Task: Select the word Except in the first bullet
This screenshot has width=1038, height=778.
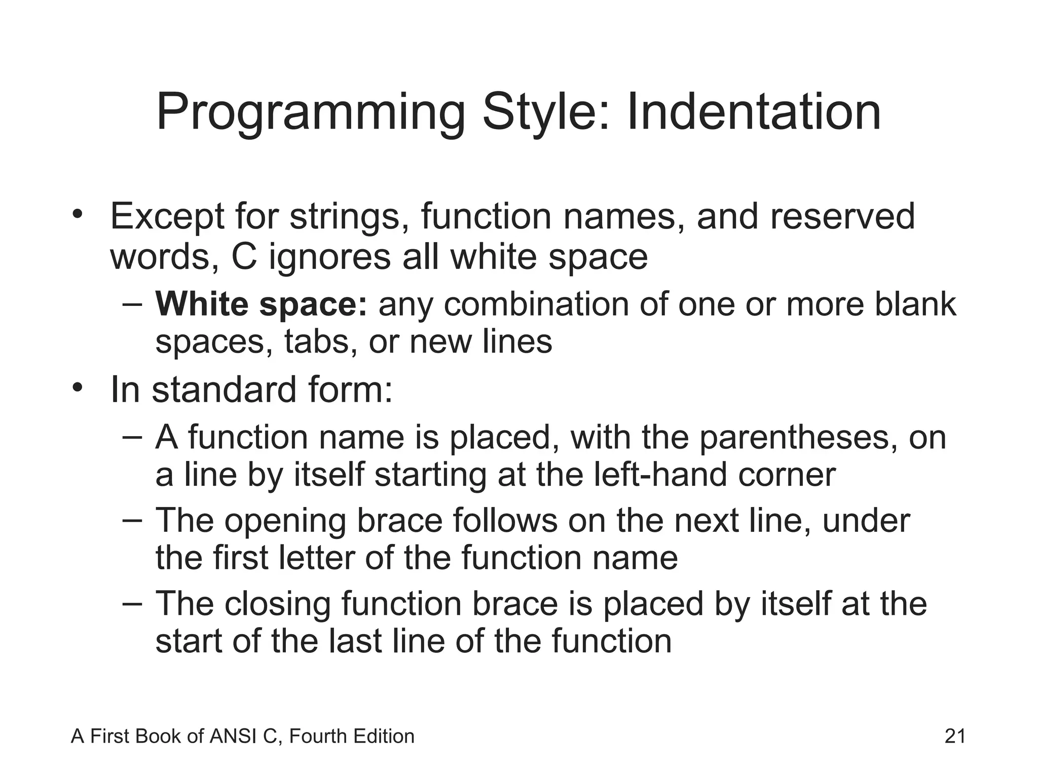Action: click(167, 217)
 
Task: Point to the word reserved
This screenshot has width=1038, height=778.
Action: click(842, 216)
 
